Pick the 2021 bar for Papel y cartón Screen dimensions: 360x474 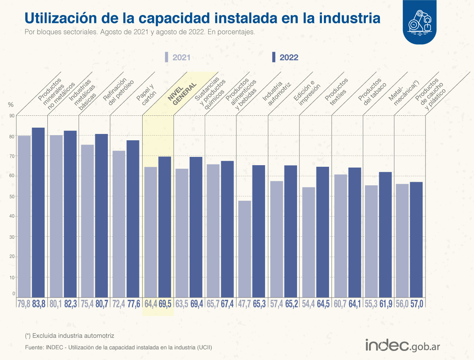(119, 223)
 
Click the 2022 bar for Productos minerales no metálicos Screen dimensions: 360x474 (38, 212)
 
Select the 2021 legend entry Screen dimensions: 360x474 (178, 57)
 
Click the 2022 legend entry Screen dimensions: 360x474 (285, 57)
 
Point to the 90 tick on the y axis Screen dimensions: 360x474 (12, 116)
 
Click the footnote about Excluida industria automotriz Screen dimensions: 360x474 (70, 335)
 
